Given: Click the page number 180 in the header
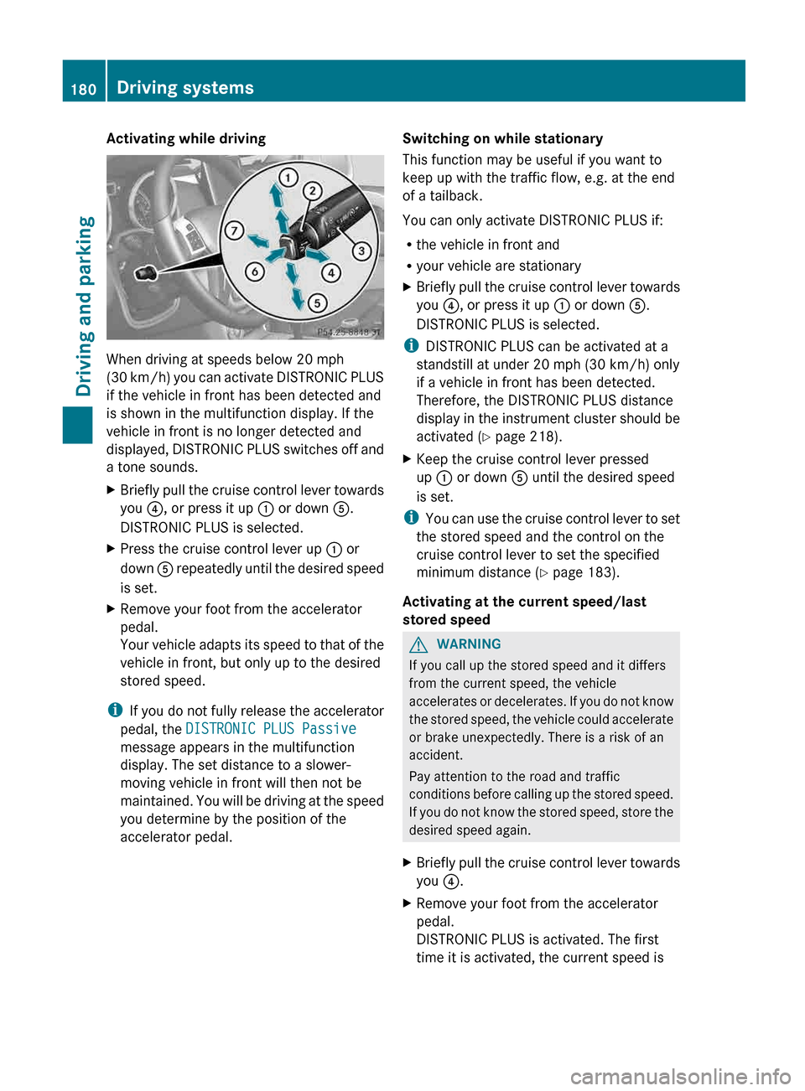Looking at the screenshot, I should tap(83, 89).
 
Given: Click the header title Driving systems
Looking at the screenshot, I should tap(184, 88).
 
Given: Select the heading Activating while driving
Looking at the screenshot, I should tap(185, 138).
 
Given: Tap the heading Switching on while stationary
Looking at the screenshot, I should tap(502, 138).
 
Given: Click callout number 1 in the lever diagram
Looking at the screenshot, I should tap(288, 178).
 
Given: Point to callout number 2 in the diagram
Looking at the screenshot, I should tap(312, 191).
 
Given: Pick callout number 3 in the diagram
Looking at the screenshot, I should tap(361, 251).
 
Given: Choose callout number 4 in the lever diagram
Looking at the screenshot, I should tap(331, 272).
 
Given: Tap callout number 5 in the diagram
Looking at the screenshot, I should tap(316, 302).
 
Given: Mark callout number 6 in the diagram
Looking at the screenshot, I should tap(255, 271).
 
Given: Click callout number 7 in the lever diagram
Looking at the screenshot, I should tap(234, 230).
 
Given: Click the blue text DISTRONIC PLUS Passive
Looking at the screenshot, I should tap(271, 729).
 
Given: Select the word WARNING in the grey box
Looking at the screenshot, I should tap(469, 644).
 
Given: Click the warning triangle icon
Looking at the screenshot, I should tap(418, 644).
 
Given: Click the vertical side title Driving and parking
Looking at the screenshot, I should tap(84, 306).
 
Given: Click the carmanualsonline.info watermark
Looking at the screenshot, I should tap(680, 1076).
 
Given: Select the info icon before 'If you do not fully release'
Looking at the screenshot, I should tap(114, 711).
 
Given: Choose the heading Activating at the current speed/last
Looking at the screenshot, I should tap(524, 602).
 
